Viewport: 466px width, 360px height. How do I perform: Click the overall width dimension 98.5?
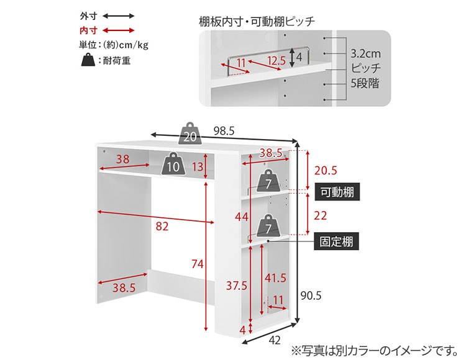(224, 131)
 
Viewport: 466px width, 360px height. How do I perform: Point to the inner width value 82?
(162, 227)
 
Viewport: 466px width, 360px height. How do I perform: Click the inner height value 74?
(197, 264)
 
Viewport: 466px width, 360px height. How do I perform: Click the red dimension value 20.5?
(325, 171)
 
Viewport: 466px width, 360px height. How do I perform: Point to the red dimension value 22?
(321, 215)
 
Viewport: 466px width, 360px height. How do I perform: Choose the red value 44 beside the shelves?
(242, 217)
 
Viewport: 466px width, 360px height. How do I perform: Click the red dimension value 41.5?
(275, 277)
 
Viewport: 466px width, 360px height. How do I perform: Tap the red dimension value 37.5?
(237, 286)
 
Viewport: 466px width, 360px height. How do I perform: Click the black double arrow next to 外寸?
(118, 15)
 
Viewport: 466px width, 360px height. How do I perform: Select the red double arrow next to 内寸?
(118, 30)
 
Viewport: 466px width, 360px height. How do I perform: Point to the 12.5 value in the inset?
(276, 60)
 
